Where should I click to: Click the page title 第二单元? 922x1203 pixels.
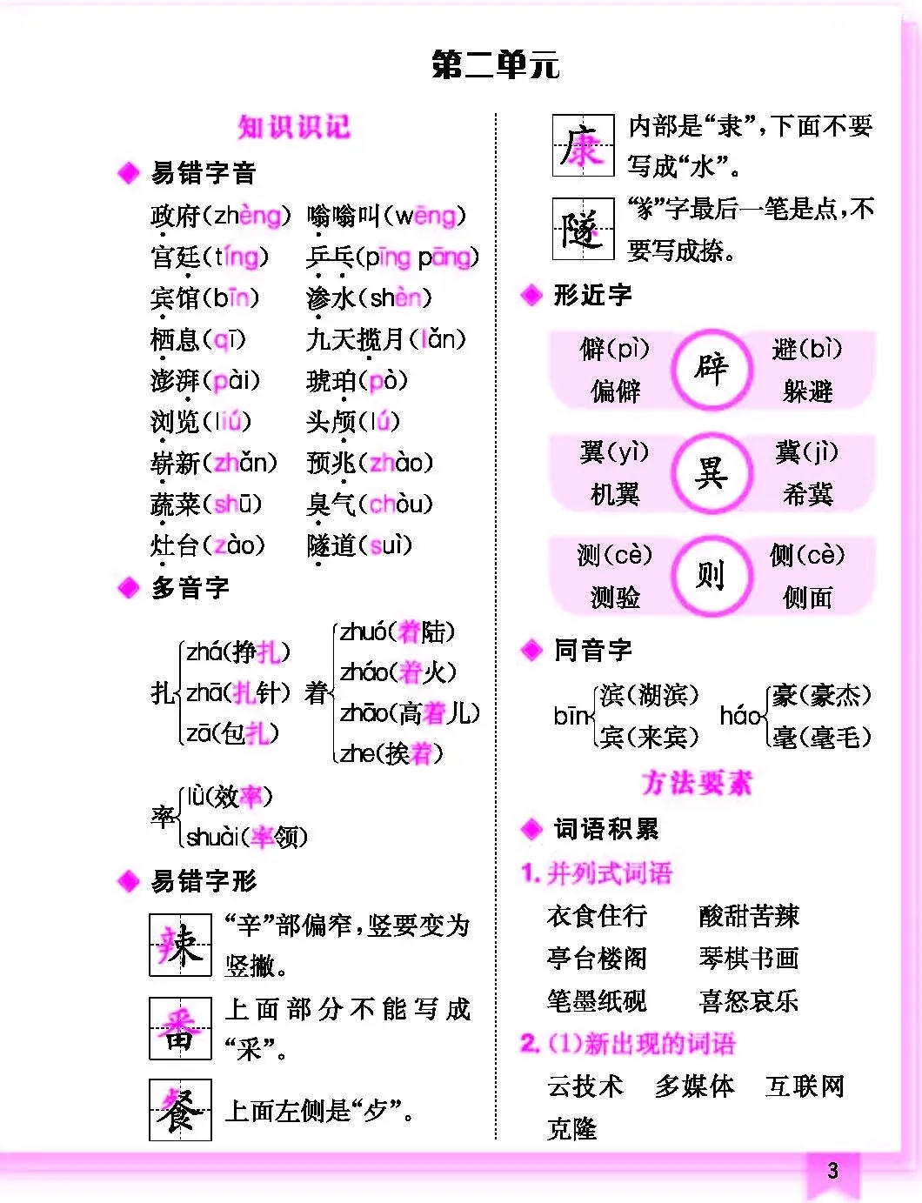(495, 65)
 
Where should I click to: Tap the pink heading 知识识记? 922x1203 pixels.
(294, 127)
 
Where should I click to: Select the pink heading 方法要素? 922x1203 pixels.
(696, 783)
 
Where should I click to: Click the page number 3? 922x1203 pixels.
(832, 1171)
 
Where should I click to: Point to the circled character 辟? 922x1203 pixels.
(711, 369)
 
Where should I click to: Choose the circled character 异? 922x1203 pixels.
(711, 472)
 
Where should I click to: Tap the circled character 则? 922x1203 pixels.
(711, 575)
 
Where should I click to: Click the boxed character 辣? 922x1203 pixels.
(180, 945)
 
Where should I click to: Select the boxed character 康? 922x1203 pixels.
(583, 146)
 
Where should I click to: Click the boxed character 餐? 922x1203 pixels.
(180, 1110)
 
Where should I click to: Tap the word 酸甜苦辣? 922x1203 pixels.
(748, 916)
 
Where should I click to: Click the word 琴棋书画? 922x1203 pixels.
(748, 959)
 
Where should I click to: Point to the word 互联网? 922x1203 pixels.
(805, 1086)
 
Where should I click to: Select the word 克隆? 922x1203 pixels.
(571, 1129)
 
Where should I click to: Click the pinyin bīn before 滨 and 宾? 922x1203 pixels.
(571, 716)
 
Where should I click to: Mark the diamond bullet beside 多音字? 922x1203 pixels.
(128, 589)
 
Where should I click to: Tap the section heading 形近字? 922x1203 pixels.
(592, 296)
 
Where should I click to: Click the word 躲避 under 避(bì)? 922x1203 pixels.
(807, 391)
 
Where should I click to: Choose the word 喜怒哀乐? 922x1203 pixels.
(748, 1001)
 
